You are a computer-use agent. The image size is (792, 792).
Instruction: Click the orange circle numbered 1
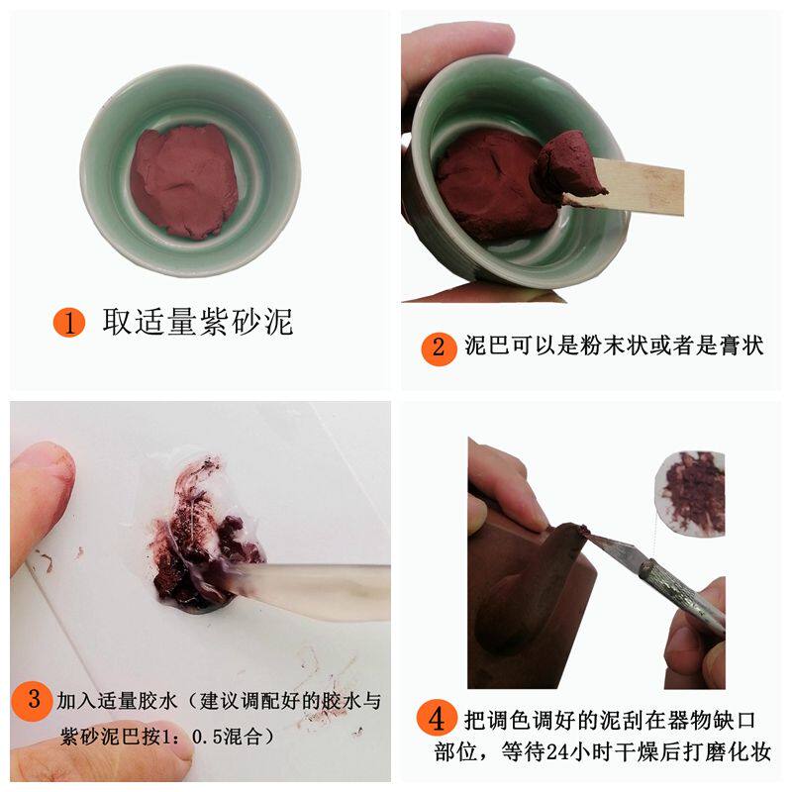coord(69,322)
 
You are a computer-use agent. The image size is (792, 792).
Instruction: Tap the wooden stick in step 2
coord(643,188)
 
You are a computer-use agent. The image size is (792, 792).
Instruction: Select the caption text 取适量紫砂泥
coord(198,322)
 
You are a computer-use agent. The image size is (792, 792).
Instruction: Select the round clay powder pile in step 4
coord(691,490)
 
